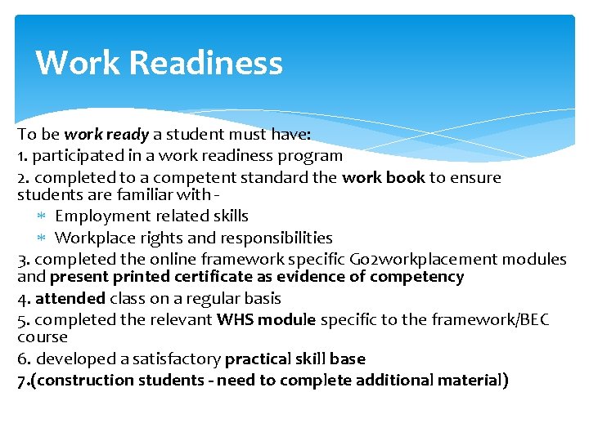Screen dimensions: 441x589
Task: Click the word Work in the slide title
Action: (78, 64)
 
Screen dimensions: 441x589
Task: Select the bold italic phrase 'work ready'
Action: (106, 134)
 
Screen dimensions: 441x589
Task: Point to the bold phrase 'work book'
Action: (384, 177)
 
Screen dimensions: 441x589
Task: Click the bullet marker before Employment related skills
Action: (43, 216)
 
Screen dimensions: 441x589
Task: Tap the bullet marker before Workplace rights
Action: (43, 238)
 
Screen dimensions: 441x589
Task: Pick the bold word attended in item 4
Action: (70, 299)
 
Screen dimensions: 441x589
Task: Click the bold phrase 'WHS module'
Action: (266, 320)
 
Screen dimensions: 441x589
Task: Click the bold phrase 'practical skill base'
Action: (294, 359)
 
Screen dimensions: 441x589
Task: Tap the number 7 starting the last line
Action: (21, 381)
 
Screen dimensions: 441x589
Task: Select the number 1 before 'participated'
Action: (20, 155)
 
